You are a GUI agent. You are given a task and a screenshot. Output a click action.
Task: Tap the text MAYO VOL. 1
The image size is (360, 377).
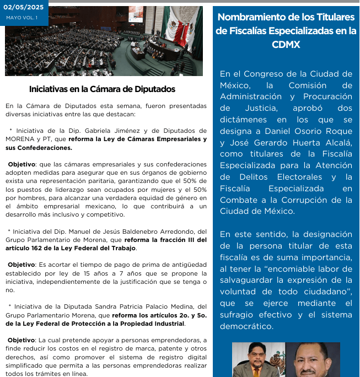click(22, 18)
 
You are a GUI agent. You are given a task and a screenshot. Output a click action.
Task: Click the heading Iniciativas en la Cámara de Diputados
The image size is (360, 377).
click(102, 89)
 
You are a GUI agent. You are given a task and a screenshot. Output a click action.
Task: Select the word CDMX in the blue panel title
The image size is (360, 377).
click(286, 45)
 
